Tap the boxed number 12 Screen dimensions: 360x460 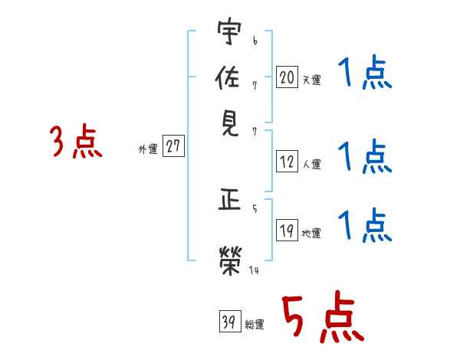pos(287,162)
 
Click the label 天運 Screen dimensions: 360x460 pos(311,80)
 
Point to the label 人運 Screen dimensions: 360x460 pos(311,164)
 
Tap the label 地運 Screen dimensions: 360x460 pos(311,234)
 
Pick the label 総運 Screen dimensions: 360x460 pos(254,325)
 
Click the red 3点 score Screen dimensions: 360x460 pos(76,143)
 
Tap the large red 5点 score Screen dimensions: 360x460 pos(321,319)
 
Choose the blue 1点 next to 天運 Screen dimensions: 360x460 pos(365,74)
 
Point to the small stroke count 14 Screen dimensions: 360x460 pos(254,270)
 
